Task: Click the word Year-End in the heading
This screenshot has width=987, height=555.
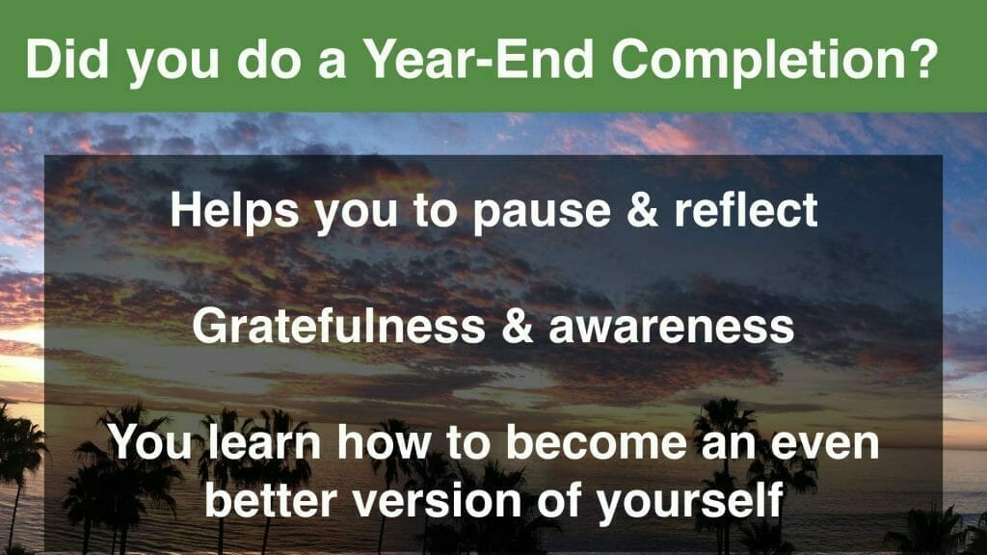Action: (x=479, y=59)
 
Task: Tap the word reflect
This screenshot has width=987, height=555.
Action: (x=746, y=209)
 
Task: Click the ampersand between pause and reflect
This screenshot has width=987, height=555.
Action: (x=642, y=210)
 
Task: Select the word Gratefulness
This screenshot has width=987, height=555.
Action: (x=338, y=326)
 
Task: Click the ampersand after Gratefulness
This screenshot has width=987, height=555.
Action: (x=518, y=326)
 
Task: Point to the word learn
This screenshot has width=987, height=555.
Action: (x=264, y=441)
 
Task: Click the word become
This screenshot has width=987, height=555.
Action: (x=597, y=441)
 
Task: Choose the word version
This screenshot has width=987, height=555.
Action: (x=438, y=500)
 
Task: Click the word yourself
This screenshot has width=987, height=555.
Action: (x=690, y=503)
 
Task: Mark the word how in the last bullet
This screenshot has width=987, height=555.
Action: (x=384, y=441)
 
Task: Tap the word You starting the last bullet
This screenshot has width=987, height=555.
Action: (x=150, y=441)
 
